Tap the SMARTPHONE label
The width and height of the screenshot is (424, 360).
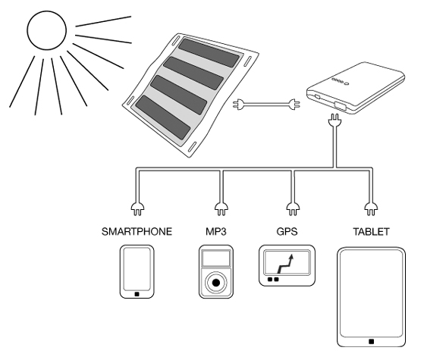point(137,232)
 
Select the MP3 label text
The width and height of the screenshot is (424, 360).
point(215,232)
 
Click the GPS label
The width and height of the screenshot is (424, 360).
point(287,232)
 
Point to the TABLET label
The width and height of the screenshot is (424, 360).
point(371,232)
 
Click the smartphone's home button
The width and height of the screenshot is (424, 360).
point(137,294)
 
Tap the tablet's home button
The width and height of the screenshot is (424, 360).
point(372,342)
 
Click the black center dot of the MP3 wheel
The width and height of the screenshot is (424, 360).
point(216,283)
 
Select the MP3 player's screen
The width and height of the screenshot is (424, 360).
point(216,258)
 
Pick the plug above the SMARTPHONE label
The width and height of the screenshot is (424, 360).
point(137,209)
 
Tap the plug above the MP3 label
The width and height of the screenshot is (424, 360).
point(221,209)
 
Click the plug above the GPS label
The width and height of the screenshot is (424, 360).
point(293,209)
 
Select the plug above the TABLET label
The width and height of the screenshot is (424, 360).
point(371,209)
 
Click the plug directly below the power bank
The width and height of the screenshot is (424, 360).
point(335,120)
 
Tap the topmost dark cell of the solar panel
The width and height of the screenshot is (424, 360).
point(209,53)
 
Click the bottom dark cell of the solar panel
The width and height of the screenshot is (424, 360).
point(163,117)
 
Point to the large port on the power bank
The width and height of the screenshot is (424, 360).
point(340,105)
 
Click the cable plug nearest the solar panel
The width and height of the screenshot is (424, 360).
point(239,105)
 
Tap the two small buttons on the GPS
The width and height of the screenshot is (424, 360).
point(273,279)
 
